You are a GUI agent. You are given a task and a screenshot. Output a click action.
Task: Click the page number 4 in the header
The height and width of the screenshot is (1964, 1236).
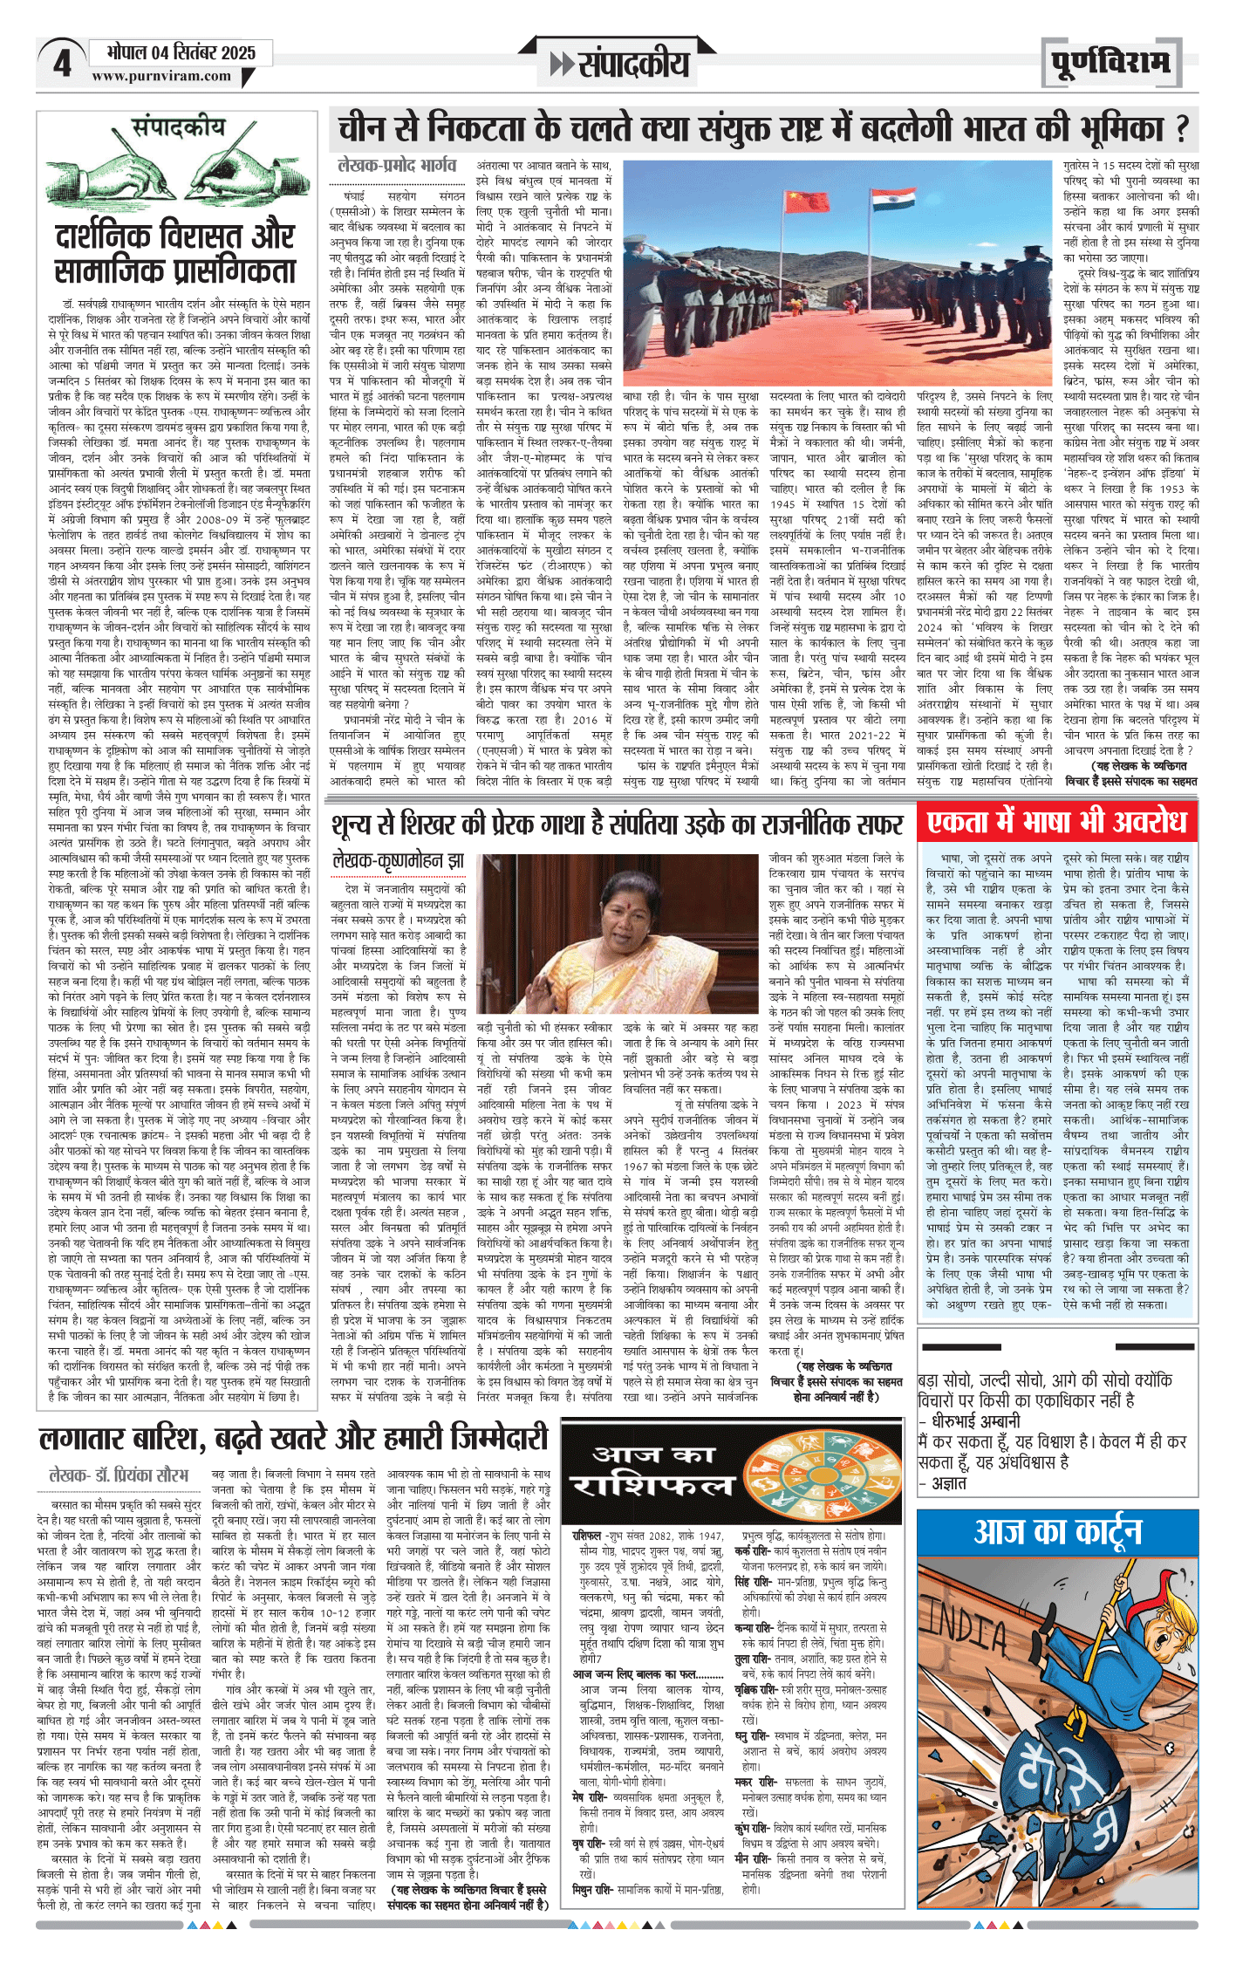click(62, 64)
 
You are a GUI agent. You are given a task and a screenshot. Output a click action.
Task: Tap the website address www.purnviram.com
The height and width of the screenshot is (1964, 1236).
click(161, 76)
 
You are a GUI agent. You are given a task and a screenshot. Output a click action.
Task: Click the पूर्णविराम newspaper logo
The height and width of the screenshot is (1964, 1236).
click(1110, 62)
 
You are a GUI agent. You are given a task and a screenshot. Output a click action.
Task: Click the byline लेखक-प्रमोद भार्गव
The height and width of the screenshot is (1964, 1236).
click(397, 165)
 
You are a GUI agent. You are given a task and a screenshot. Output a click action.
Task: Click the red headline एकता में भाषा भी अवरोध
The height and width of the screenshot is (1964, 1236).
click(1056, 823)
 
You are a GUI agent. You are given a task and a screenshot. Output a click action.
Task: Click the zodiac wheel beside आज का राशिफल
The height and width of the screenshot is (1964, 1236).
click(806, 1474)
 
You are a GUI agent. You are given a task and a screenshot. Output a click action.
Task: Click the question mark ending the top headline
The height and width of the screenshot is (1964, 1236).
click(1182, 130)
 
